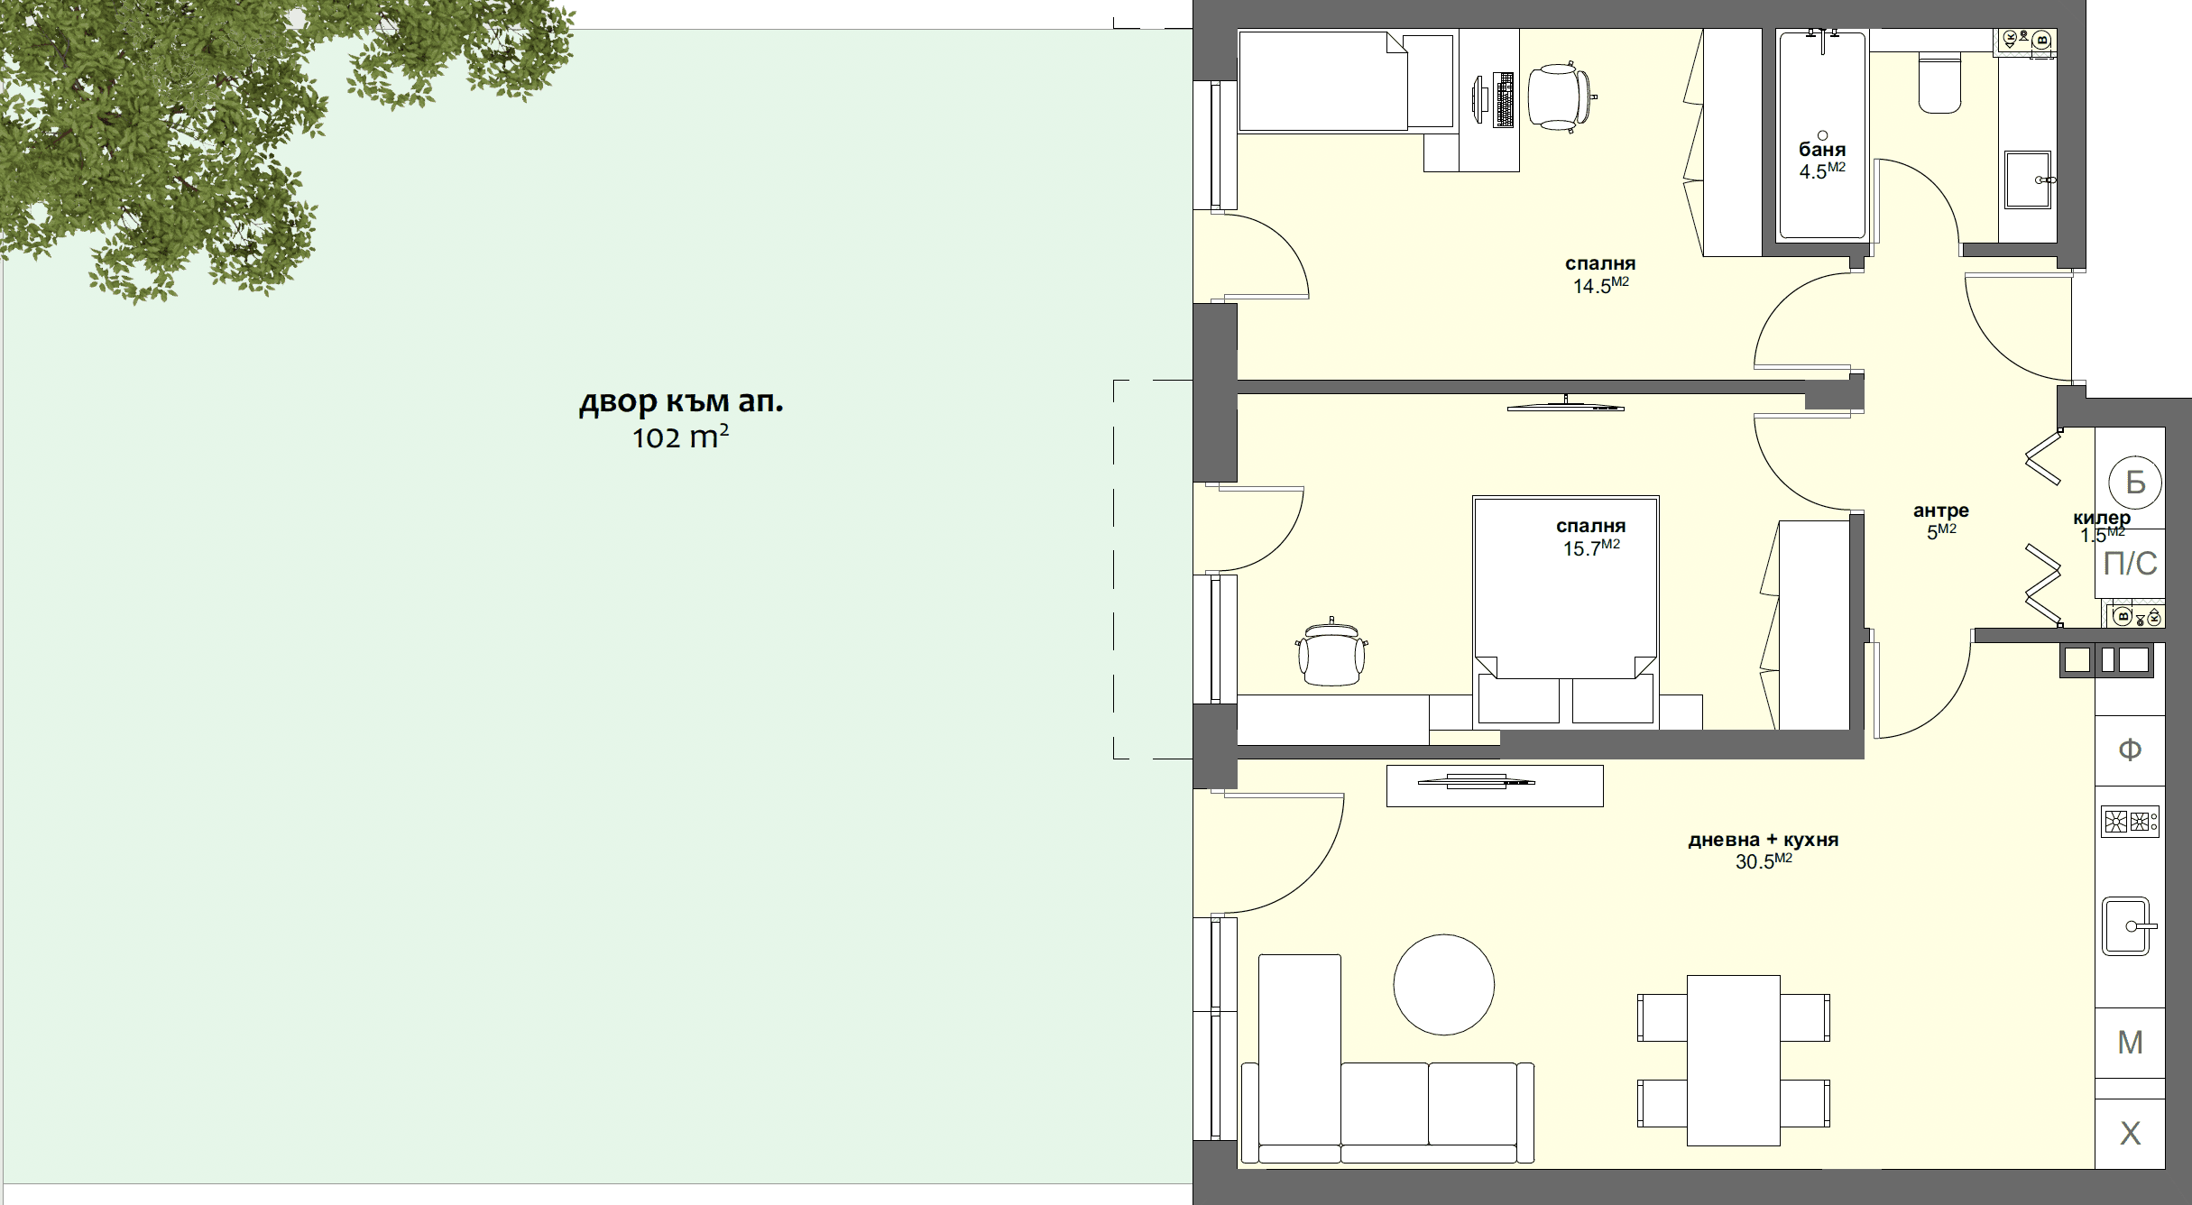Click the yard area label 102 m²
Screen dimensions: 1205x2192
pyautogui.click(x=680, y=438)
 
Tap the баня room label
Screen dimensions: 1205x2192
pyautogui.click(x=1821, y=150)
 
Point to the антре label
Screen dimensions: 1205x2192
pyautogui.click(x=1940, y=511)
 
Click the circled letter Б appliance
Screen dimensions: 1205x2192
pyautogui.click(x=2135, y=483)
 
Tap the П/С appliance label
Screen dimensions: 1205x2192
pyautogui.click(x=2130, y=564)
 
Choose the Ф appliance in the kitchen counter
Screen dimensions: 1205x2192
pyautogui.click(x=2130, y=750)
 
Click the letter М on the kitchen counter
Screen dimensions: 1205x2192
pyautogui.click(x=2130, y=1043)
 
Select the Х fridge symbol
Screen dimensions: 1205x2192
pyautogui.click(x=2130, y=1134)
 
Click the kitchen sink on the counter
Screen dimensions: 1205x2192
pyautogui.click(x=2127, y=926)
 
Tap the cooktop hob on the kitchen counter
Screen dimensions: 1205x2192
pyautogui.click(x=2129, y=822)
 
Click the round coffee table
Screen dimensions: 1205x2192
pyautogui.click(x=1443, y=984)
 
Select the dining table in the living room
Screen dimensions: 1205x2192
pyautogui.click(x=1733, y=1060)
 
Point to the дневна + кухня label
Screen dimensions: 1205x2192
pyautogui.click(x=1763, y=840)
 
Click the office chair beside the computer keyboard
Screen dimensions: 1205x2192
pyautogui.click(x=1559, y=97)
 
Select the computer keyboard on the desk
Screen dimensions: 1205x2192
pyautogui.click(x=1505, y=99)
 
